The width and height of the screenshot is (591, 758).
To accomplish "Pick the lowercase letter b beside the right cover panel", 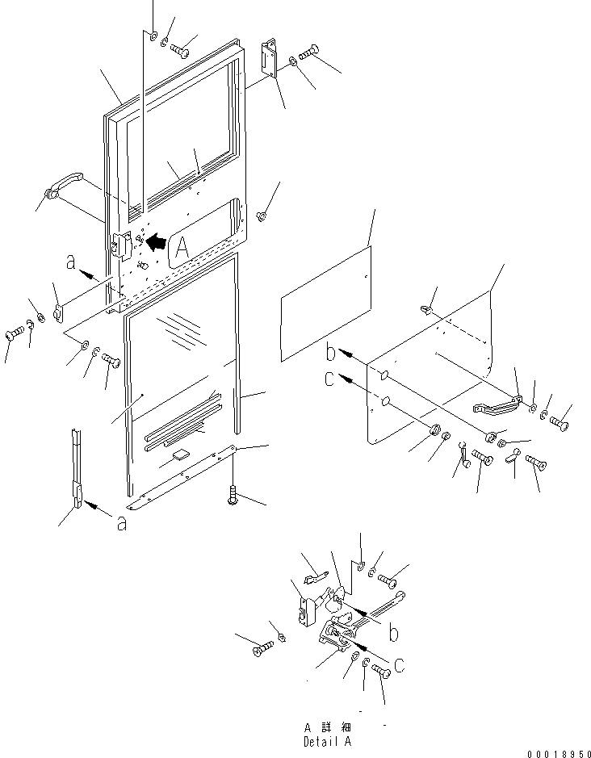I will (330, 353).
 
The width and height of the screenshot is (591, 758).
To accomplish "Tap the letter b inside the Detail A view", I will (392, 634).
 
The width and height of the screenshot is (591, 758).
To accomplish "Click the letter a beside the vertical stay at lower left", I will (121, 523).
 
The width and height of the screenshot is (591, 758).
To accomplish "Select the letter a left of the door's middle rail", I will (71, 262).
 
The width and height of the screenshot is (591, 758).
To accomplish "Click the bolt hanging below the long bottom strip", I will (233, 491).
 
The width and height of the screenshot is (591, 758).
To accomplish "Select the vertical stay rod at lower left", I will (77, 469).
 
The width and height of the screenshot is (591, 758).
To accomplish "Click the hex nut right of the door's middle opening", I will (261, 216).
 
